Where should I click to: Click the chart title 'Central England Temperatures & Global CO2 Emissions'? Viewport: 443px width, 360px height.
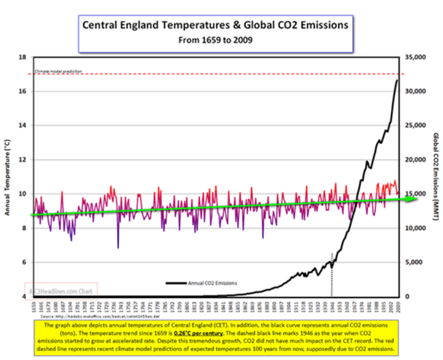click(x=214, y=26)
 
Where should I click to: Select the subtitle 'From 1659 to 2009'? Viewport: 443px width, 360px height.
click(x=214, y=40)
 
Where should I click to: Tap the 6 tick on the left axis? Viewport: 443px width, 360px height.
click(x=24, y=262)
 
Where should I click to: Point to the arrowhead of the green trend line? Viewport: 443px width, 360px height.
click(x=406, y=200)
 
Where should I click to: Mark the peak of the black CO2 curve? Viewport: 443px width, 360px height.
click(x=397, y=80)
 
